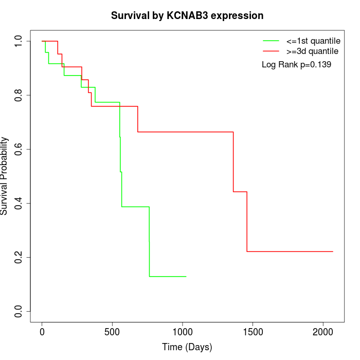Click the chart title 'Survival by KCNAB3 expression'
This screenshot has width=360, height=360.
point(187,16)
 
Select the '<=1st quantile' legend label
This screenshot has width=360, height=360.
point(313,40)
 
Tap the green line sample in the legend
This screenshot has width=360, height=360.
point(271,40)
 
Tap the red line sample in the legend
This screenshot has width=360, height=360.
point(271,51)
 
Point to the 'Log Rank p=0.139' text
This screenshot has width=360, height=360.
point(296,65)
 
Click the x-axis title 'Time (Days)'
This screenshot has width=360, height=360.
point(187,347)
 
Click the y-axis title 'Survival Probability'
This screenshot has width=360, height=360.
point(5,175)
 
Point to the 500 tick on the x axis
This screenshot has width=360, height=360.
point(112,332)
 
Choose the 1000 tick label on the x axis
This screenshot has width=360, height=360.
point(183,332)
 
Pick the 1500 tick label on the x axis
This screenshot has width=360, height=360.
point(253,332)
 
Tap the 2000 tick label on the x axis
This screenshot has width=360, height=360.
point(323,332)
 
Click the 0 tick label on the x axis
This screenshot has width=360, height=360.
point(42,332)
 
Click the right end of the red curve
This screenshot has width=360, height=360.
point(333,251)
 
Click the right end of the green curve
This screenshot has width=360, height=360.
point(186,277)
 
